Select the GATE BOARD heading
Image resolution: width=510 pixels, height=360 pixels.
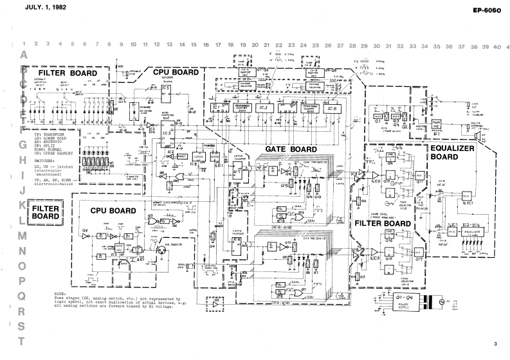coord(285,149)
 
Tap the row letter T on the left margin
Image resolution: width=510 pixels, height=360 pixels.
coord(24,341)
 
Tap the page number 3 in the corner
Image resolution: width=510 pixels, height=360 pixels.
coord(496,345)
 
